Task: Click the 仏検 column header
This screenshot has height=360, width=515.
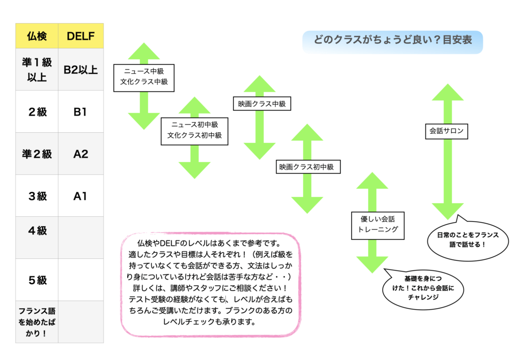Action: pos(37,36)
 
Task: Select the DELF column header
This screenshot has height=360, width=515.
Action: pos(81,36)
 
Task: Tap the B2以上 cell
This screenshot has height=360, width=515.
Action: pos(81,69)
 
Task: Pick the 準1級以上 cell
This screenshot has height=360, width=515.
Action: pos(37,69)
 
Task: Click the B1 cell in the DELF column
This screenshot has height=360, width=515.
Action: pos(81,112)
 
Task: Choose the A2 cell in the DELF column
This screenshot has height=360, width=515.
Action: pos(81,154)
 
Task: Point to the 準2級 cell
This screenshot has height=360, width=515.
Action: pos(37,154)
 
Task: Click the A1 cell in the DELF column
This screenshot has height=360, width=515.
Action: pos(81,196)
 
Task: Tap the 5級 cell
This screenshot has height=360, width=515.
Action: pos(37,280)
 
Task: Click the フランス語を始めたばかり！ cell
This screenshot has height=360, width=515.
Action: pos(37,322)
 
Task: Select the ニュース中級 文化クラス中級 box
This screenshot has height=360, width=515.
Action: pos(144,77)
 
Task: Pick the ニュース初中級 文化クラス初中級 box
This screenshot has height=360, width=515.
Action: pos(194,131)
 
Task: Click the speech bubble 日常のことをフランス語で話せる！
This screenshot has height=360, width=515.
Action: pos(461,239)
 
